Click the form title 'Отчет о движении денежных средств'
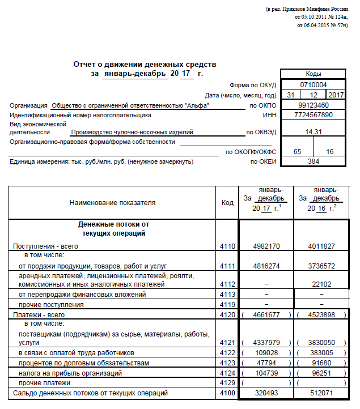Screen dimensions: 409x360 click(x=145, y=65)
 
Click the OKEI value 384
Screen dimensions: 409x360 click(x=313, y=161)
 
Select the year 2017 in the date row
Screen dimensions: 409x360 click(x=336, y=95)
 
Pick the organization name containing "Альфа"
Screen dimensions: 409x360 click(x=130, y=105)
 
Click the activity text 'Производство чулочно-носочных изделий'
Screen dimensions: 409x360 click(x=132, y=131)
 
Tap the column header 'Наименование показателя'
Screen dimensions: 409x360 click(x=112, y=202)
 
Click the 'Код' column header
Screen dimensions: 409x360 click(x=227, y=202)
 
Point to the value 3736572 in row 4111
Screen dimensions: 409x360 click(x=321, y=266)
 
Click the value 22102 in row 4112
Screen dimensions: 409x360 click(x=321, y=284)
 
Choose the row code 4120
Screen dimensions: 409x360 click(x=227, y=314)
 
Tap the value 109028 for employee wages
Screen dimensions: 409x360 click(x=266, y=353)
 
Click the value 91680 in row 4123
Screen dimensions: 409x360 click(x=321, y=363)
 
